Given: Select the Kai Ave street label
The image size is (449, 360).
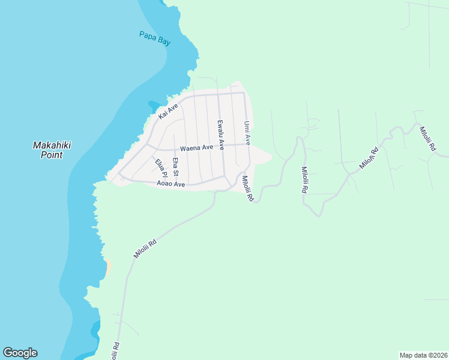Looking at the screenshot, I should tap(168, 111).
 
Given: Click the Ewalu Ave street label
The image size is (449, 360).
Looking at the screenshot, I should tap(221, 134).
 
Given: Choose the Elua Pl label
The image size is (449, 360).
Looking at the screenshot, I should tap(160, 168).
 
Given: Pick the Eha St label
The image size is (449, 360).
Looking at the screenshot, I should tap(176, 167).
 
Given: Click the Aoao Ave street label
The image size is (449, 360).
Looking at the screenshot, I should tap(170, 184).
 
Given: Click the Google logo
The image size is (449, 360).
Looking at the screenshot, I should tap(20, 353).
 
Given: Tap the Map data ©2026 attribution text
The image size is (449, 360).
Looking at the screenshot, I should tap(423, 355).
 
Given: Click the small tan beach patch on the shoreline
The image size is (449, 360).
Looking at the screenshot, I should tap(108, 268).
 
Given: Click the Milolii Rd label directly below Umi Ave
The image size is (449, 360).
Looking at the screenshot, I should tap(247, 188).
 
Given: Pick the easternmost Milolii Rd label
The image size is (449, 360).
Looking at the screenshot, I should tap(430, 140).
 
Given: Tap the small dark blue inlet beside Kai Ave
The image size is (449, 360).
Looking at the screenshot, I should tap(154, 105).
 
